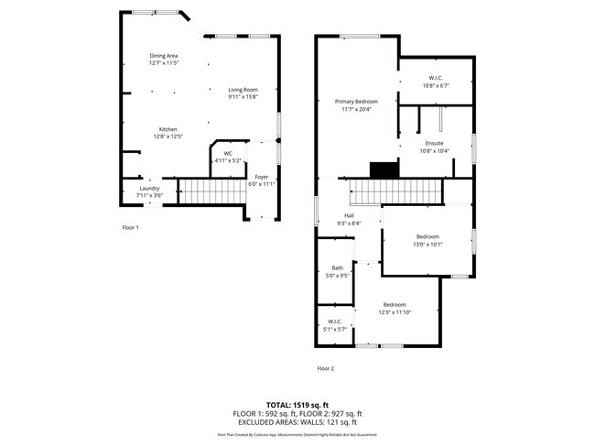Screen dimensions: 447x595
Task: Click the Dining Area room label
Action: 164,56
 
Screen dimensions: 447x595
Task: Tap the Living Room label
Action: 243,89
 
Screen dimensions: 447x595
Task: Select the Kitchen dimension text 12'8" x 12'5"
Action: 168,136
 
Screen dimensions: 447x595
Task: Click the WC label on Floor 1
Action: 227,153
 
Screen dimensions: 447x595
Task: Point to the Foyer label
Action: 261,177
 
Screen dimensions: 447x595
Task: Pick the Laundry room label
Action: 149,189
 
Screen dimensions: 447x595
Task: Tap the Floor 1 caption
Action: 130,226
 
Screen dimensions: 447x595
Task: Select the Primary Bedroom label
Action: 355,101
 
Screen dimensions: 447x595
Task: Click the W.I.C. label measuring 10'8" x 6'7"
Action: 435,78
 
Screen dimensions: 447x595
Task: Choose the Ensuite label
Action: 435,144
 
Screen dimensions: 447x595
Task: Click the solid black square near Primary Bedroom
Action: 383,169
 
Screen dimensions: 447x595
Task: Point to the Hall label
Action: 349,215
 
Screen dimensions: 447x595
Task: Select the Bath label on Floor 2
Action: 338,267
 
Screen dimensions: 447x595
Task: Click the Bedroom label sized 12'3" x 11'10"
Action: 395,304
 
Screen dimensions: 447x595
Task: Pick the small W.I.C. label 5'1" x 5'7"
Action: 334,322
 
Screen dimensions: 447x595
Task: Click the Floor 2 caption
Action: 326,368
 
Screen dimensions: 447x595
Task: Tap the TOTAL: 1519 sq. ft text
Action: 297,404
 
